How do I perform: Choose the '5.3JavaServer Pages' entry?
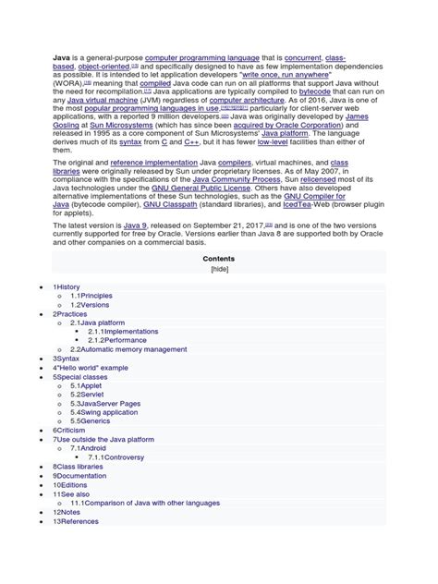[x=105, y=404]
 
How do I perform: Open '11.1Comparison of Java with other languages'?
[x=145, y=503]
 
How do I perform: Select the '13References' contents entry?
[x=76, y=521]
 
